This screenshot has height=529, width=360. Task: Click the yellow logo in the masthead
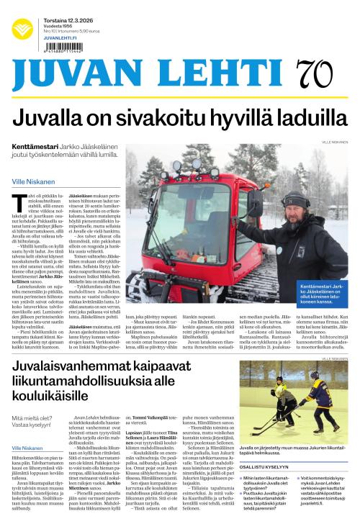coord(22,30)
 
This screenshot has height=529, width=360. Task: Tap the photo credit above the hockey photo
coord(333,358)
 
